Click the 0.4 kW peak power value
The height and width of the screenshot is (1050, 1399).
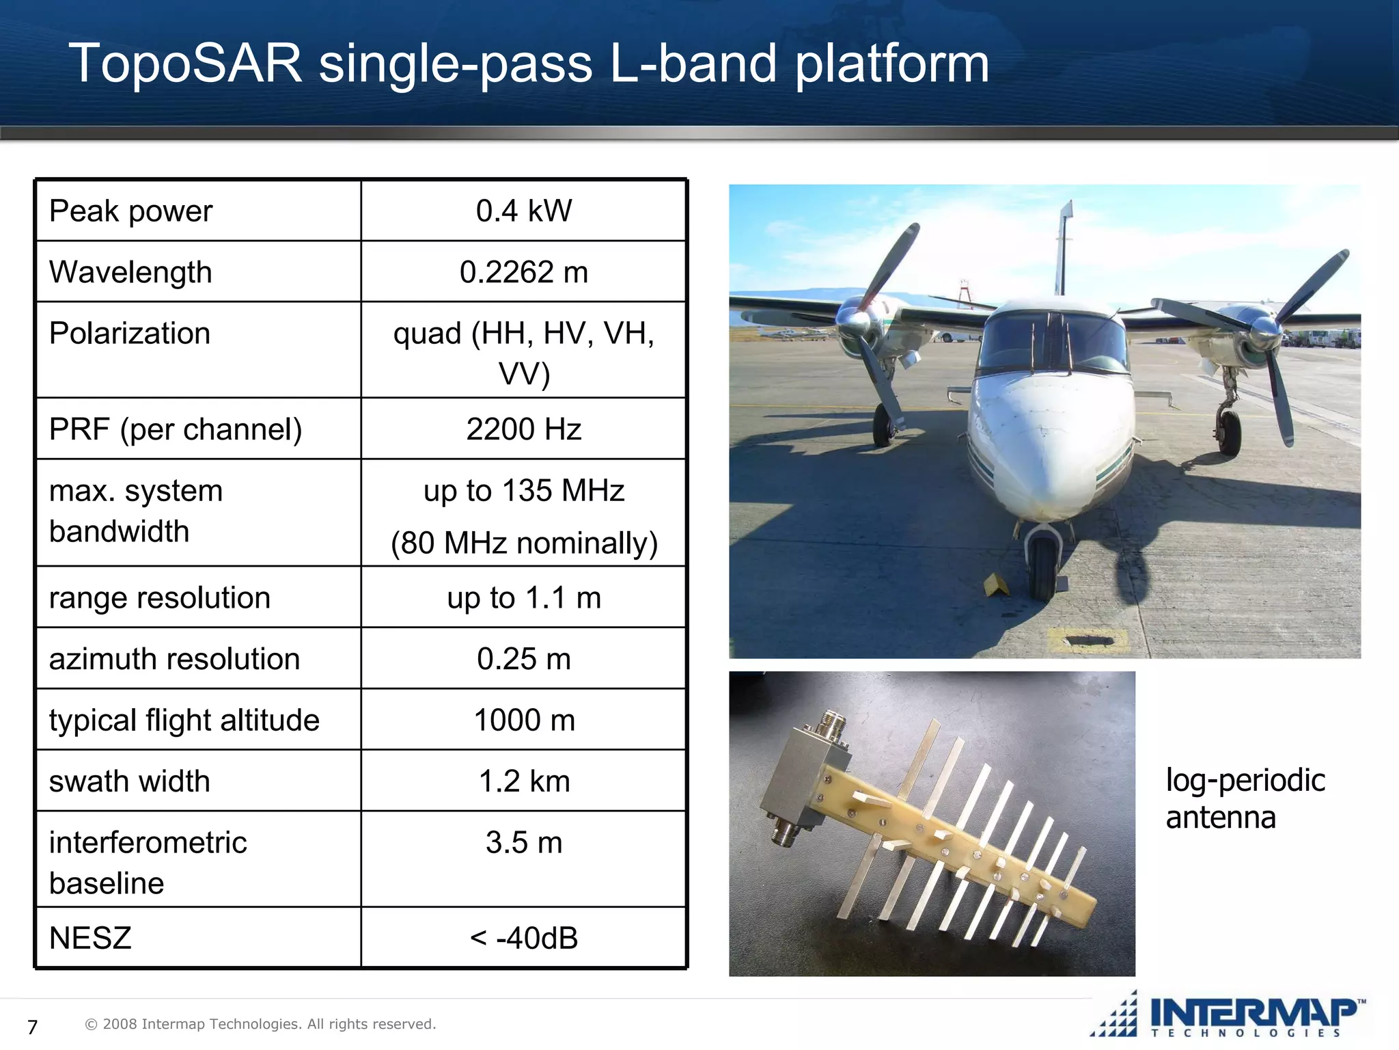[x=523, y=211]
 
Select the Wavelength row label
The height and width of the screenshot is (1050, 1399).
[x=130, y=272]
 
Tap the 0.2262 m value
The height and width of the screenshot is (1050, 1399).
[x=523, y=272]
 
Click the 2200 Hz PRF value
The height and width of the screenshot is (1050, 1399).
[x=523, y=429]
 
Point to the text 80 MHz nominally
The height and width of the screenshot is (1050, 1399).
[x=523, y=543]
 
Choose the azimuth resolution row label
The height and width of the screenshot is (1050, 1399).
[x=174, y=659]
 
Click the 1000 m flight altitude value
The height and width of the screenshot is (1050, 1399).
[x=523, y=720]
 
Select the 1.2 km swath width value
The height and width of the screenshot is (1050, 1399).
[x=523, y=781]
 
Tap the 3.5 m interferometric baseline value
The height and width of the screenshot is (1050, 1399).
[x=523, y=842]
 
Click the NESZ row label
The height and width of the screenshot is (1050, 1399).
[x=90, y=938]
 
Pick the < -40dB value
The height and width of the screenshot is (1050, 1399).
[x=523, y=938]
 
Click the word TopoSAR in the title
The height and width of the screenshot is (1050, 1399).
[x=186, y=63]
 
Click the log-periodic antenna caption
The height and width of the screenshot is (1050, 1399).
[x=1245, y=798]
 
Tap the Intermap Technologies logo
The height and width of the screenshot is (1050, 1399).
[x=1230, y=1015]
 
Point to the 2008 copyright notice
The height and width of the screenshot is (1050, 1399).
[x=260, y=1024]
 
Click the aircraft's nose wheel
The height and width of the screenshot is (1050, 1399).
[x=1042, y=567]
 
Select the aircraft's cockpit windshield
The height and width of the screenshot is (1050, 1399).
[x=1052, y=342]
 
